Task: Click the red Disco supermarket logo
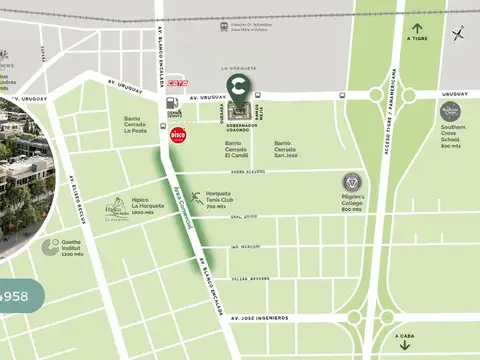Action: [x=178, y=134]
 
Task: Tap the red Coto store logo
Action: [x=178, y=83]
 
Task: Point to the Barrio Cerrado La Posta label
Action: [x=135, y=125]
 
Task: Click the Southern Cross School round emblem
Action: [x=450, y=111]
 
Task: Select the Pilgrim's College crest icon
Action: [x=351, y=182]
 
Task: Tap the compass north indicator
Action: [x=458, y=34]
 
